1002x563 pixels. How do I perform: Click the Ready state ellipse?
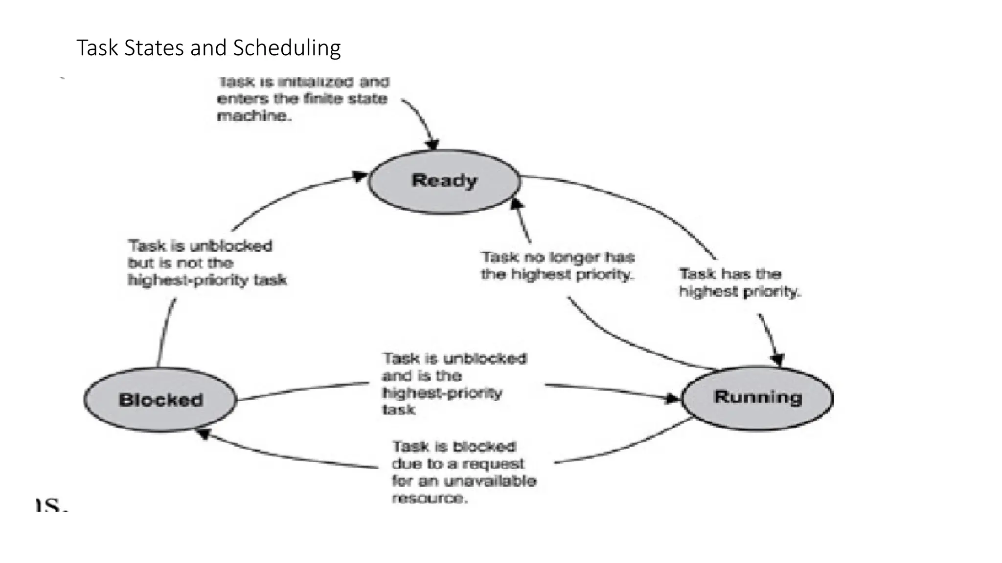pyautogui.click(x=444, y=181)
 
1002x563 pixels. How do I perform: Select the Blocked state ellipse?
pyautogui.click(x=160, y=399)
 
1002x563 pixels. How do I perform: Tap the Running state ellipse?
pyautogui.click(x=757, y=397)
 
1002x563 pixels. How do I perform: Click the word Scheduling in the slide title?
pyautogui.click(x=287, y=48)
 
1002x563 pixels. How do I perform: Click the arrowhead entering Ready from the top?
pyautogui.click(x=433, y=144)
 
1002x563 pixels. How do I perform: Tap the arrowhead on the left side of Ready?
pyautogui.click(x=361, y=176)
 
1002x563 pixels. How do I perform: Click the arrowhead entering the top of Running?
pyautogui.click(x=777, y=360)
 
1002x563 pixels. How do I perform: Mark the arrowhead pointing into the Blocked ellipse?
pyautogui.click(x=202, y=433)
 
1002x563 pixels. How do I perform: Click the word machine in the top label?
pyautogui.click(x=253, y=116)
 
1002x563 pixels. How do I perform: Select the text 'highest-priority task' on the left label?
pyautogui.click(x=207, y=280)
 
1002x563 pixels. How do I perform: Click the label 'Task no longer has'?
pyautogui.click(x=557, y=257)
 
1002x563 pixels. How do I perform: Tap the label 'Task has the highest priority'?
pyautogui.click(x=739, y=282)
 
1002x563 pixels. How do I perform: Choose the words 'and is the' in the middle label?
pyautogui.click(x=421, y=376)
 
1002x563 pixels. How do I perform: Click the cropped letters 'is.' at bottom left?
pyautogui.click(x=51, y=504)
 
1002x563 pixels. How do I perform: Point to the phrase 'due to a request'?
pyautogui.click(x=457, y=463)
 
